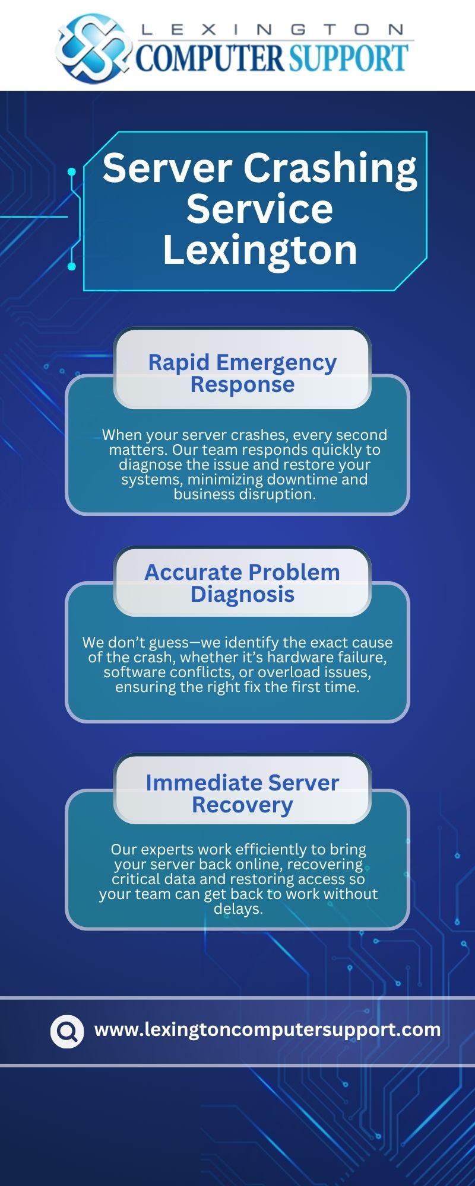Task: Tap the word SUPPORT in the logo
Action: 349,58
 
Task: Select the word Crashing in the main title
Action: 330,169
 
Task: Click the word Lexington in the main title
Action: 260,250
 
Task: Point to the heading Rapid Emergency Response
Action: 242,372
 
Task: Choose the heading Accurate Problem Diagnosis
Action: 242,582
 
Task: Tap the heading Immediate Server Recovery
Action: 242,793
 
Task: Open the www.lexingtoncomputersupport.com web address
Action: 267,1029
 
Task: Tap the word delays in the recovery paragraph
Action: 237,908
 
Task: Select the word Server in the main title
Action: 167,169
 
